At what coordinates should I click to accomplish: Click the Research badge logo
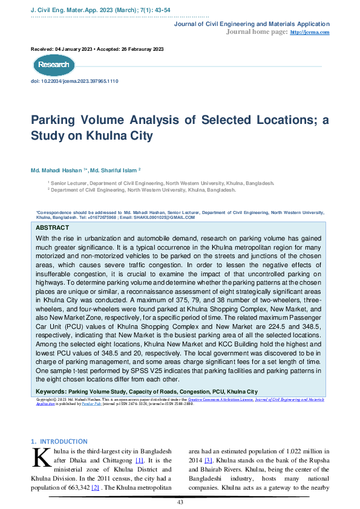coord(54,65)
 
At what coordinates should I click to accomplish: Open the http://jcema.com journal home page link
coord(310,32)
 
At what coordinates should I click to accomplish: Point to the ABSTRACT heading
coord(53,227)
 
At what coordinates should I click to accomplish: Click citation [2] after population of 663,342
coord(95,487)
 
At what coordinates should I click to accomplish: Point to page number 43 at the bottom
coord(180,502)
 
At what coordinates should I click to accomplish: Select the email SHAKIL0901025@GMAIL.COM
coord(165,217)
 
